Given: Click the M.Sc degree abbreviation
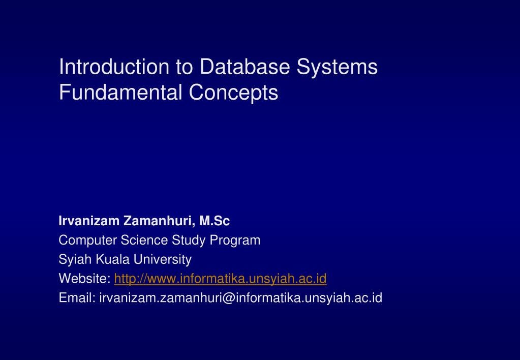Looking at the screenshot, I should click(x=215, y=221).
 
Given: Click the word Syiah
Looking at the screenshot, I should click(x=73, y=260).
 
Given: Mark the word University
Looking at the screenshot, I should click(x=163, y=260).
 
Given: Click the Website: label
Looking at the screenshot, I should click(x=84, y=279).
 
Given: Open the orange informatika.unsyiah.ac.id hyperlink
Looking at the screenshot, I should click(x=220, y=279).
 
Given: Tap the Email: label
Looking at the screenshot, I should click(x=77, y=297).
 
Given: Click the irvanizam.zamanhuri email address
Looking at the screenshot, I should click(x=240, y=297).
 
